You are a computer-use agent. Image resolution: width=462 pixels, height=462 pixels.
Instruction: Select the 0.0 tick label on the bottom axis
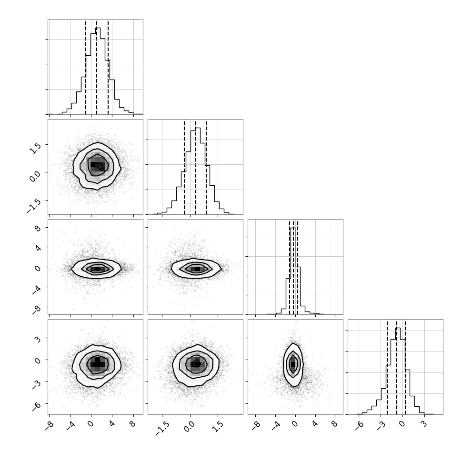(189, 427)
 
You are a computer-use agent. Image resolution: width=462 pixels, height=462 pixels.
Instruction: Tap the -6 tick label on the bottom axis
(360, 425)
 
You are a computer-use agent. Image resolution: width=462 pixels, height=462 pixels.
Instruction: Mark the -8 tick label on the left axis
(36, 309)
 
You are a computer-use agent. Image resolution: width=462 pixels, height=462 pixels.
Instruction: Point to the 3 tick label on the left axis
(38, 338)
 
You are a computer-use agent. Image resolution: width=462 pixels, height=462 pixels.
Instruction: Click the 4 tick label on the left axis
(38, 248)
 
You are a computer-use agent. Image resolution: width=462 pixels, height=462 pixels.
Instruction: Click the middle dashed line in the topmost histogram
(97, 67)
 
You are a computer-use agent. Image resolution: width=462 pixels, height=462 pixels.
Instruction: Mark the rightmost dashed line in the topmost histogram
(108, 67)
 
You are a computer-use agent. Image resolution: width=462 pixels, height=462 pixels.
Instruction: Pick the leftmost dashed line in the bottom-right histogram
(387, 367)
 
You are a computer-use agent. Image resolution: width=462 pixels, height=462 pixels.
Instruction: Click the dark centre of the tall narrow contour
(292, 364)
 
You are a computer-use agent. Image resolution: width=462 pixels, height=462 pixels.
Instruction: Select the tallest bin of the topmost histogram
(98, 70)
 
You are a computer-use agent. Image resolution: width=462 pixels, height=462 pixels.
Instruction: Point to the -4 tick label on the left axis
(36, 289)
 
